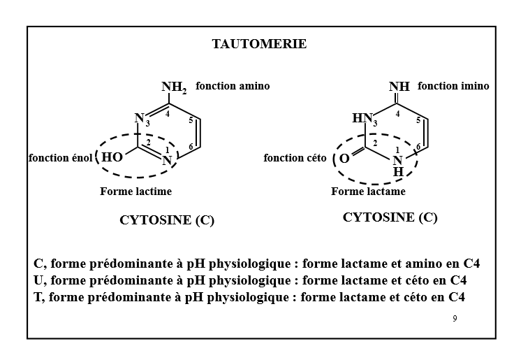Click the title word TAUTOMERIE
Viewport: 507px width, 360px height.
(x=259, y=44)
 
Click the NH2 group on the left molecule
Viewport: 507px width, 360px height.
(x=174, y=88)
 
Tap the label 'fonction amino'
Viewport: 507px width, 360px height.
(x=233, y=86)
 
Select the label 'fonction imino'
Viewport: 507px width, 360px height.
(x=453, y=86)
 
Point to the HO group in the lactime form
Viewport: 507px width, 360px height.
(x=112, y=157)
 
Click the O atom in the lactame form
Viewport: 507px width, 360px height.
(x=344, y=158)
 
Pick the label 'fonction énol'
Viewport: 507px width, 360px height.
(x=60, y=158)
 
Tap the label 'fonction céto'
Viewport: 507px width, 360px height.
(x=295, y=158)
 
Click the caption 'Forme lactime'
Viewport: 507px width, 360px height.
(x=135, y=191)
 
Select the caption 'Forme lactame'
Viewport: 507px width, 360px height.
(x=368, y=191)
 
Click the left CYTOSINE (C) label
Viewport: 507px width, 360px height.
(x=167, y=220)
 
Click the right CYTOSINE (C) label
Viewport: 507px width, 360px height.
(x=390, y=217)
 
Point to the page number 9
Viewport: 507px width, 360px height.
(x=455, y=319)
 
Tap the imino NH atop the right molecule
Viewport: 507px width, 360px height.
(x=399, y=87)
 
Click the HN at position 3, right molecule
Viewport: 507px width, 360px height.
(x=363, y=119)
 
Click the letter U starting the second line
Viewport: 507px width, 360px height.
(x=38, y=281)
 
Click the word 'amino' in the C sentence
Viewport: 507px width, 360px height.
(x=415, y=264)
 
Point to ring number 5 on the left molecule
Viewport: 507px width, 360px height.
(x=191, y=120)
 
